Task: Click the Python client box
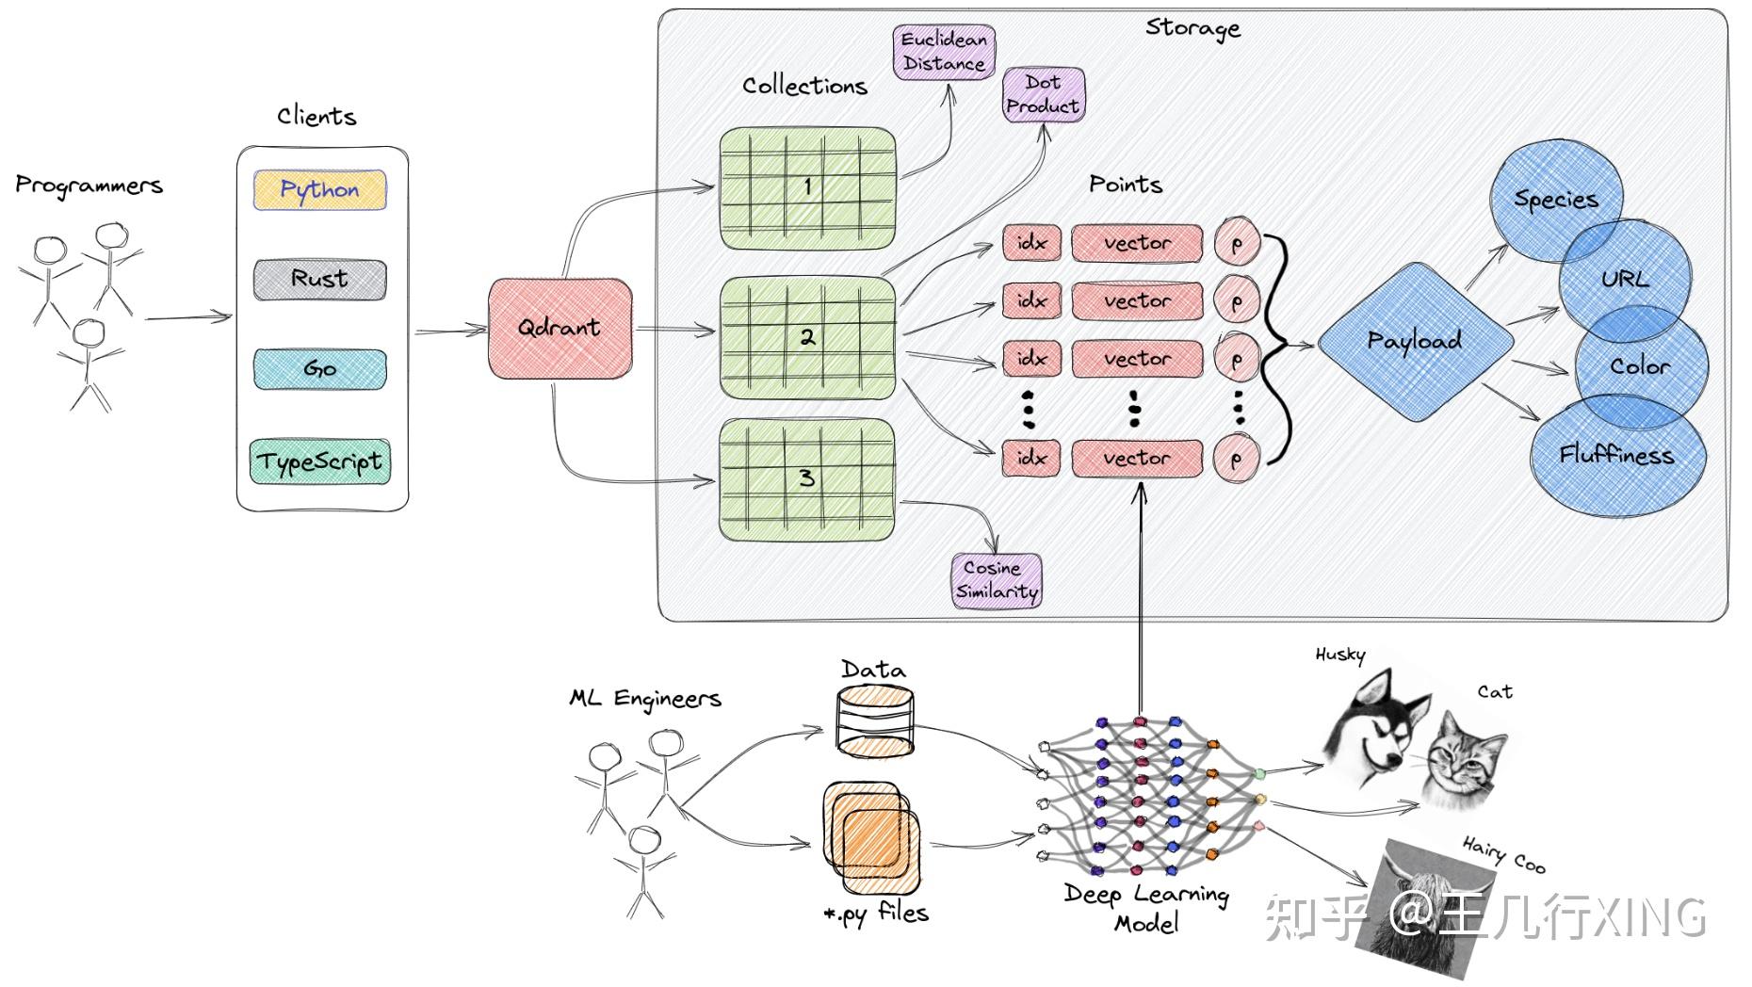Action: pyautogui.click(x=319, y=189)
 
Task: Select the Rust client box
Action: pyautogui.click(x=319, y=279)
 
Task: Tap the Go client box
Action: pyautogui.click(x=319, y=368)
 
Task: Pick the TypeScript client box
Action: pyautogui.click(x=320, y=461)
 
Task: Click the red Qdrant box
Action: pyautogui.click(x=560, y=328)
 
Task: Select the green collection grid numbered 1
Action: pyautogui.click(x=807, y=187)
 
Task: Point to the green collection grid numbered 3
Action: pyautogui.click(x=807, y=478)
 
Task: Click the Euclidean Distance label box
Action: pyautogui.click(x=944, y=52)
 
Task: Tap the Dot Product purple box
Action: pyautogui.click(x=1043, y=94)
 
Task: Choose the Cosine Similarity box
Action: pyautogui.click(x=997, y=580)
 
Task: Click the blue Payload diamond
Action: pyautogui.click(x=1415, y=341)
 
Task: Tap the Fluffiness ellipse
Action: pyautogui.click(x=1616, y=457)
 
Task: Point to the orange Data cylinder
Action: pyautogui.click(x=875, y=722)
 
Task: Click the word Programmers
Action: pyautogui.click(x=89, y=186)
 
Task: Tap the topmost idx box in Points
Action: pyautogui.click(x=1032, y=243)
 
